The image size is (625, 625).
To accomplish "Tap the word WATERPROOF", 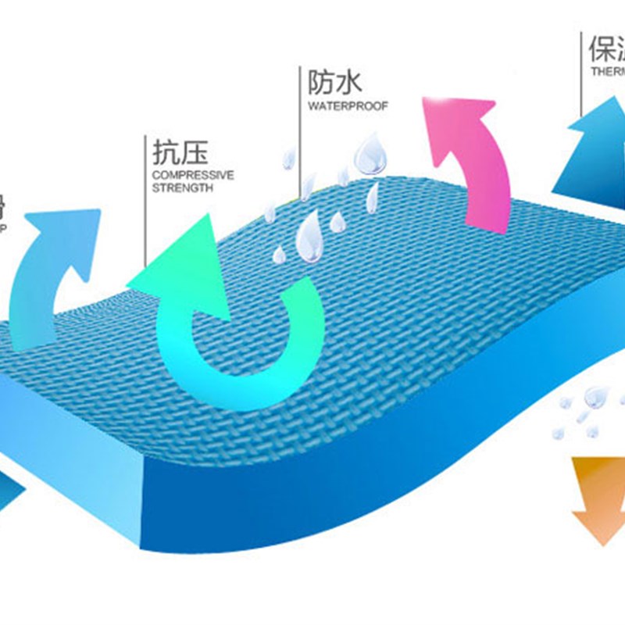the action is (347, 106).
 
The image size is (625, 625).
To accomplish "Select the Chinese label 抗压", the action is (180, 152).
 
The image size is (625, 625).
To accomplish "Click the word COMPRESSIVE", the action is (193, 175).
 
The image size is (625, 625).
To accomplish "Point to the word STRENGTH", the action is (182, 188).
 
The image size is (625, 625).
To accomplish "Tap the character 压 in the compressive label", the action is (195, 152).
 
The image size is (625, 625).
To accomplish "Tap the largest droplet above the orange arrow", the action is (595, 396).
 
